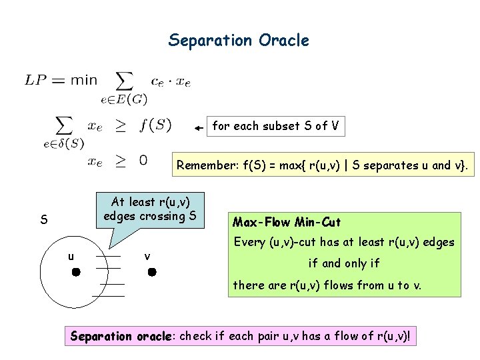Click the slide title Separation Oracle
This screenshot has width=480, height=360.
tap(239, 41)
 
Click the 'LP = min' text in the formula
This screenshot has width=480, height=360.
tap(61, 81)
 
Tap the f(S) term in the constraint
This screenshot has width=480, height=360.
tap(156, 125)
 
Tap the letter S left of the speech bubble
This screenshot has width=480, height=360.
tap(43, 219)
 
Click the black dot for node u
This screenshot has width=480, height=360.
tap(76, 272)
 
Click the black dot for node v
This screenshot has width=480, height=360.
tap(151, 272)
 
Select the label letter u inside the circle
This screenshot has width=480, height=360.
tap(70, 256)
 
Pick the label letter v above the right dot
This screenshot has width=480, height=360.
tap(147, 257)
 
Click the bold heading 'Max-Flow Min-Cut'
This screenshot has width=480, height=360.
tap(287, 222)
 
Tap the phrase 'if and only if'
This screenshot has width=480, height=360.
tap(343, 263)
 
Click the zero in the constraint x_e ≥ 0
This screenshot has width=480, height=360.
tap(143, 160)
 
